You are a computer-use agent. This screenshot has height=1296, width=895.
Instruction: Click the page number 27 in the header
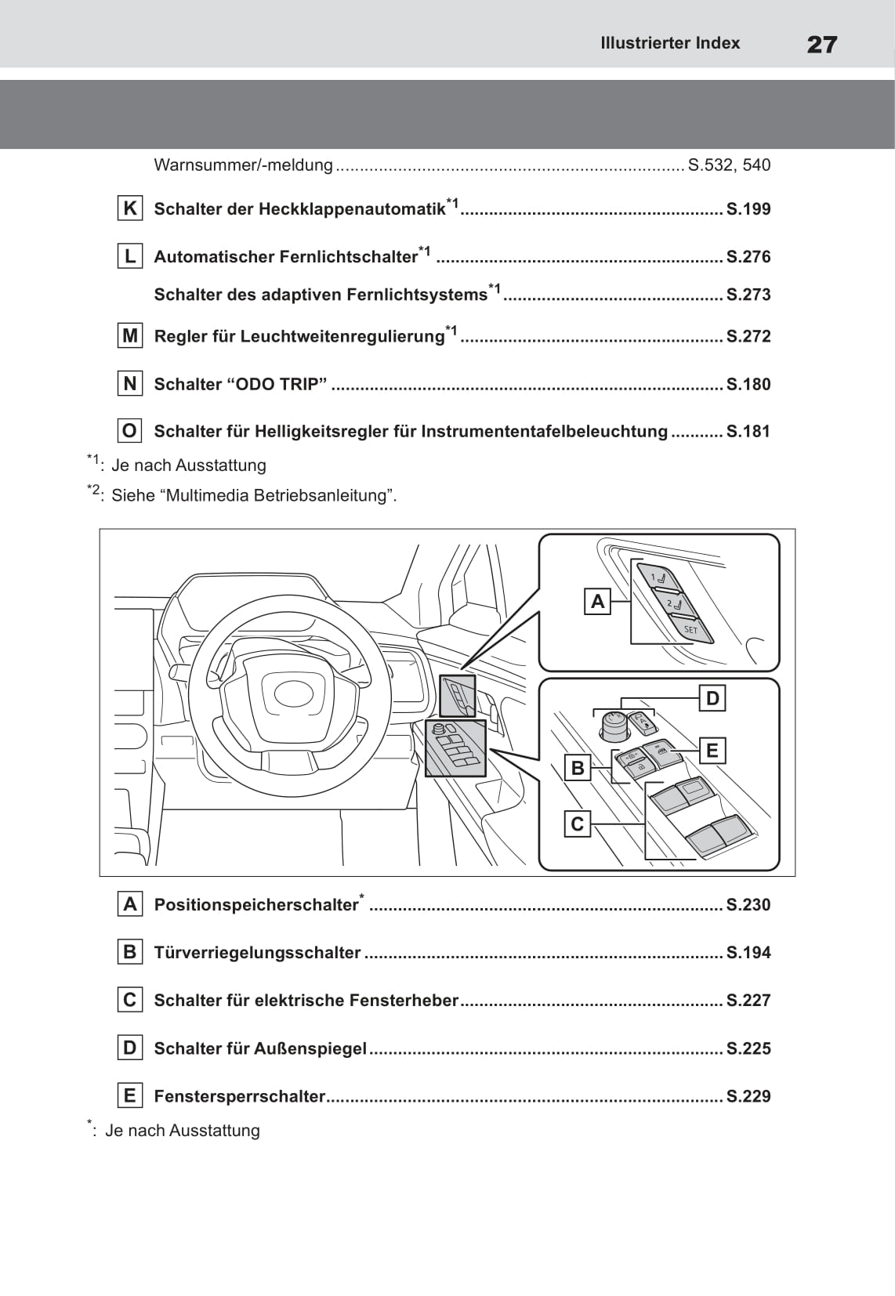821,45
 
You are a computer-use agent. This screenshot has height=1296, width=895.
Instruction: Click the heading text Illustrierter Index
670,43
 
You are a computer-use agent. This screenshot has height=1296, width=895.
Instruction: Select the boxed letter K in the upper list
129,208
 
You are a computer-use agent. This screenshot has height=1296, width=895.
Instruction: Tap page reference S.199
748,209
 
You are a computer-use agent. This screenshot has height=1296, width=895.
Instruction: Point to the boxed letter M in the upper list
129,336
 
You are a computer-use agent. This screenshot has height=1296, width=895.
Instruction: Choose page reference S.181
748,432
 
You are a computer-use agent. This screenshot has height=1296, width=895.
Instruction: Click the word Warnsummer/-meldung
244,165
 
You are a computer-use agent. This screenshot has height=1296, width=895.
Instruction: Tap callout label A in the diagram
598,601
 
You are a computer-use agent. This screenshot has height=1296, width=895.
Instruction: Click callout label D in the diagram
712,697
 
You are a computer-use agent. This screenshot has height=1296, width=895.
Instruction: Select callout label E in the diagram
712,751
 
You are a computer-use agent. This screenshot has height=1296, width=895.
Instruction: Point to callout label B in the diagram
578,768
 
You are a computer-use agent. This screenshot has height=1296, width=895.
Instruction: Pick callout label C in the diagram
578,824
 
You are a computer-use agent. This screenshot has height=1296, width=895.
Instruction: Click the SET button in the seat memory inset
691,629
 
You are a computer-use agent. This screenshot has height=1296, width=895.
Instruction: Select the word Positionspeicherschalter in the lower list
255,905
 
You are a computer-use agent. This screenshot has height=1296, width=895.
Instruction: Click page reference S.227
748,1001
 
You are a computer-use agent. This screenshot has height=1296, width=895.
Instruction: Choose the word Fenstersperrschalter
239,1097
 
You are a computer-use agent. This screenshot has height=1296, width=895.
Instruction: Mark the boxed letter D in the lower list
129,1048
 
